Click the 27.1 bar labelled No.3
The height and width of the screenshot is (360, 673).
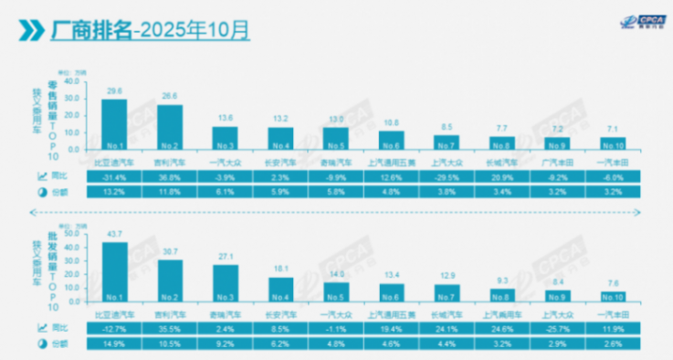point(226,282)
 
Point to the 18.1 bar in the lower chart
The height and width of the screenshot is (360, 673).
point(281,288)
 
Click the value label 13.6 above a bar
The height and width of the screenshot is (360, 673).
point(226,118)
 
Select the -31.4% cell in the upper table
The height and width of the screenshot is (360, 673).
point(114,175)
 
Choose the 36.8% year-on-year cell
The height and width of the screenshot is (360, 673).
point(170,175)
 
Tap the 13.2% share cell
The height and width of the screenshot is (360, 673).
point(114,192)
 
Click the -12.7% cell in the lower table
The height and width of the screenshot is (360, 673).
point(114,327)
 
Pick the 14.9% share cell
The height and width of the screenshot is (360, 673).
point(114,344)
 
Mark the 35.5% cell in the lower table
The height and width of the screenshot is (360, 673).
point(170,327)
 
